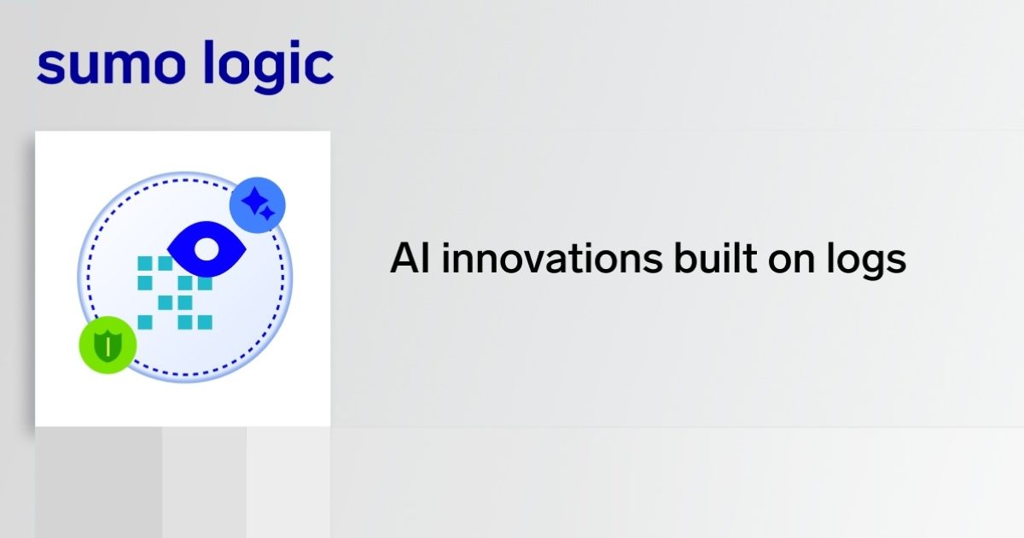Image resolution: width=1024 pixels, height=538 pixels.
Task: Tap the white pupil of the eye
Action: click(207, 249)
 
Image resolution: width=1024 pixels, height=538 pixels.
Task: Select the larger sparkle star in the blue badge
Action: click(253, 202)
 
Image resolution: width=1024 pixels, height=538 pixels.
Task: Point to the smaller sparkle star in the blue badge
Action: click(267, 213)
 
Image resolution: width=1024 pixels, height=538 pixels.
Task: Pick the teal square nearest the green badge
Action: click(145, 322)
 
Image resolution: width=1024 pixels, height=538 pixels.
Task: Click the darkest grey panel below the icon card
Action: click(98, 482)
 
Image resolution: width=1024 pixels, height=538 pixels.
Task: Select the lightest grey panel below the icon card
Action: click(288, 482)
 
